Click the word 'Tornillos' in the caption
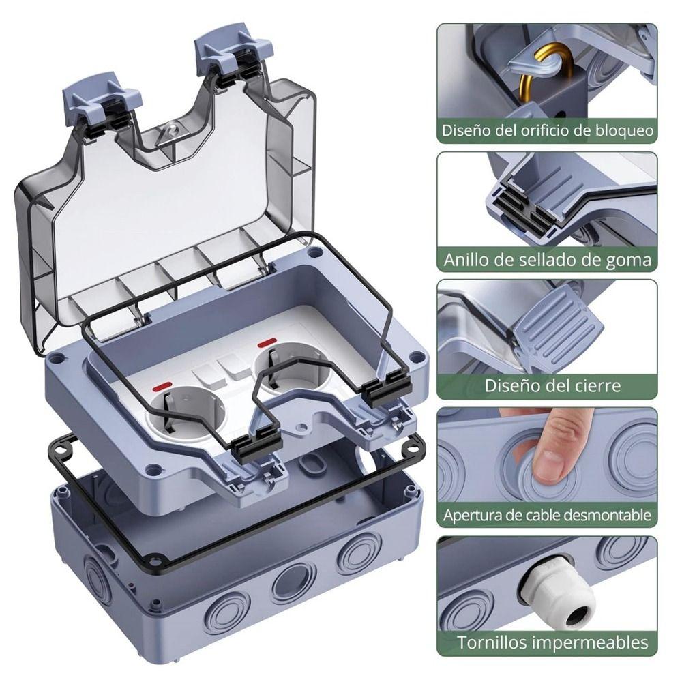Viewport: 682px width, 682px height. coord(492,642)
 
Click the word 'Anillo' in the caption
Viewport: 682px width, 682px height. coord(468,259)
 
